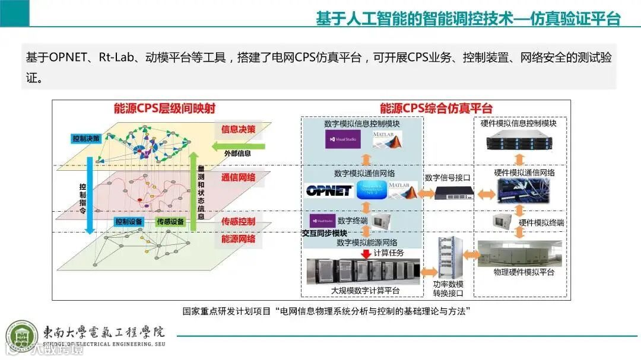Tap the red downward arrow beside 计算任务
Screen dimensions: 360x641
[x=365, y=253]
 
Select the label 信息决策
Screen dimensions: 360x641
[x=238, y=129]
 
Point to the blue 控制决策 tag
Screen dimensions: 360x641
[x=87, y=138]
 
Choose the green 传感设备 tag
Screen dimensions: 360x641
[x=170, y=222]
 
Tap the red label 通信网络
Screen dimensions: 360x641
[x=238, y=177]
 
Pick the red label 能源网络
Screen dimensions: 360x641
[x=238, y=239]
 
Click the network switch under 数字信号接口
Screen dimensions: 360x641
[x=453, y=193]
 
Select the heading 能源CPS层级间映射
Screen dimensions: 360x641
[x=164, y=109]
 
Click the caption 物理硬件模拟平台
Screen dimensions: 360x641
[x=523, y=272]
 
